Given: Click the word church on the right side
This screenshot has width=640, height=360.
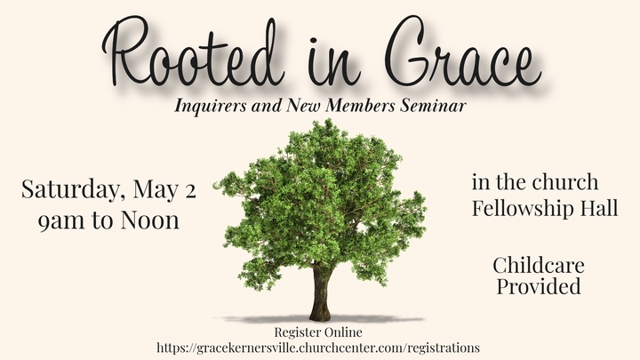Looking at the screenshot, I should coord(569,183).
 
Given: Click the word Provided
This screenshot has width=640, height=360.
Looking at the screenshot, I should coord(539,286).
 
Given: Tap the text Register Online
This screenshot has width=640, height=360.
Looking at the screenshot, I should coord(318,332).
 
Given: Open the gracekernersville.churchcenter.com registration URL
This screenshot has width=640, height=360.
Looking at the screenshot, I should coord(318,347).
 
